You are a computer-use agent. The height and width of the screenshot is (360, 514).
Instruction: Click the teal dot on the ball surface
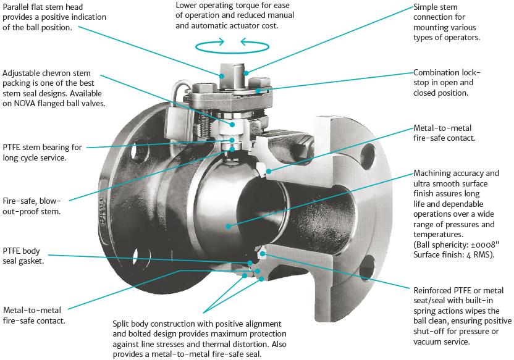point(226,226)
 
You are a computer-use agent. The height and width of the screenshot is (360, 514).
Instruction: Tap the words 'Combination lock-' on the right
point(446,73)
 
